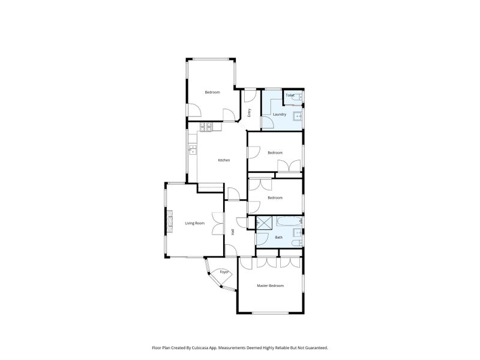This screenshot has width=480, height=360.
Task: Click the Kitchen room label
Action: pos(224,160)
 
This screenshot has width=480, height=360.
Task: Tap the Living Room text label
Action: pos(194,223)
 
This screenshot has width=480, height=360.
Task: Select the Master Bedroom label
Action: pos(270,286)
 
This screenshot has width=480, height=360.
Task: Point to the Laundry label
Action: pos(279,114)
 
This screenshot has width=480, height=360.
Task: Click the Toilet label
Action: pos(289,95)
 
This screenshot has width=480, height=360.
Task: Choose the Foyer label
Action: pos(224,272)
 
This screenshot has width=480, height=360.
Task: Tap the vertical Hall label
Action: pos(233,232)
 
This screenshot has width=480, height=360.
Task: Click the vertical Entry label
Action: pos(250,112)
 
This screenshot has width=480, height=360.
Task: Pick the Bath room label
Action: pos(278,238)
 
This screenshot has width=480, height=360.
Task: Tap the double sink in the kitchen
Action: pos(193,150)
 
